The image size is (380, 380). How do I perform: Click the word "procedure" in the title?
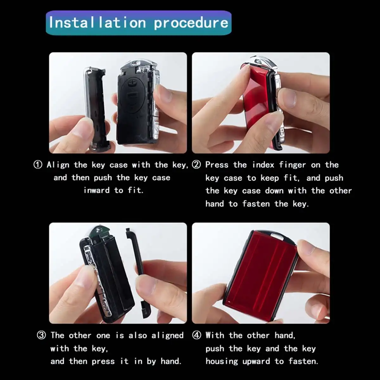click(x=191, y=23)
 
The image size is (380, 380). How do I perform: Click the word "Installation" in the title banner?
click(x=97, y=22)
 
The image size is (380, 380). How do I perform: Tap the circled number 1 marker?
click(x=38, y=165)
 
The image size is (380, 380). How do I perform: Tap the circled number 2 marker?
click(x=197, y=165)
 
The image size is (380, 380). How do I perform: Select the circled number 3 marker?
click(x=41, y=335)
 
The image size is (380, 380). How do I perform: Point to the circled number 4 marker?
click(x=197, y=335)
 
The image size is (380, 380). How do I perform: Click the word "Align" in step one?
click(x=58, y=165)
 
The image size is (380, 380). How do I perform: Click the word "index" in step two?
click(x=263, y=165)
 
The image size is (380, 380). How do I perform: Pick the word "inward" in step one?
click(x=97, y=190)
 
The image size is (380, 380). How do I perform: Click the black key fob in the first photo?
click(x=136, y=104)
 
